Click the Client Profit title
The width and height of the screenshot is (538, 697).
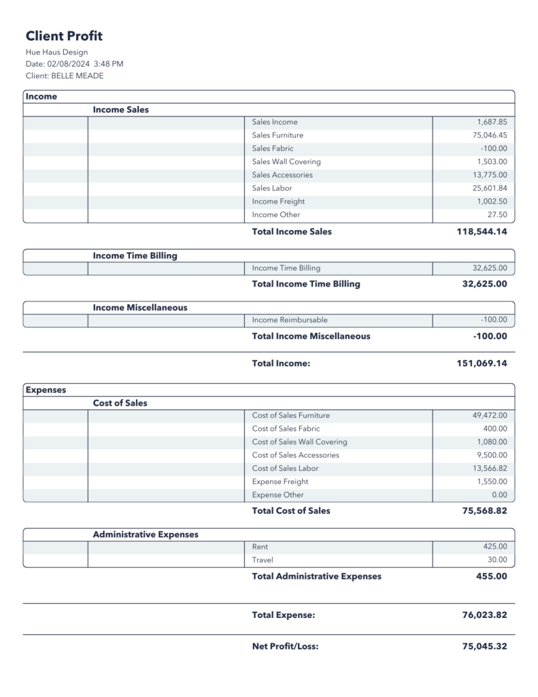[x=64, y=36]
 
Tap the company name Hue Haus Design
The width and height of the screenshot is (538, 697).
[x=56, y=52]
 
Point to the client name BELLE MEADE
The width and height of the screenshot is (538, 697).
[x=77, y=76]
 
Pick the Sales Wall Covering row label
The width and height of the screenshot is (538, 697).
[x=286, y=162]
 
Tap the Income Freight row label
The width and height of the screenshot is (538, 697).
[x=278, y=201]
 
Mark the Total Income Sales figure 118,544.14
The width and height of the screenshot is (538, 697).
[x=481, y=231]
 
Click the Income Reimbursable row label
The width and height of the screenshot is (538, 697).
[x=289, y=320]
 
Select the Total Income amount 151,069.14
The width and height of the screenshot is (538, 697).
[x=481, y=363]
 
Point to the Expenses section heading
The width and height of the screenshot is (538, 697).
[x=46, y=390]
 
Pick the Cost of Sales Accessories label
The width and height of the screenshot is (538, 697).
[x=295, y=455]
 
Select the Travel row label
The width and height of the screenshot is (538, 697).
[x=263, y=560]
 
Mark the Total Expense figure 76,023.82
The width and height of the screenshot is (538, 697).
[x=484, y=615]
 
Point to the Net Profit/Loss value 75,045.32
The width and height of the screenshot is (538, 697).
[x=484, y=647]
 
